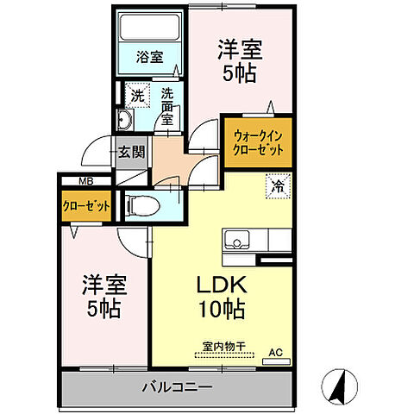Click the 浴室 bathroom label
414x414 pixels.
[150, 58]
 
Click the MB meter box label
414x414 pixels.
[86, 181]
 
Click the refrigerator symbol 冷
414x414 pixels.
[278, 185]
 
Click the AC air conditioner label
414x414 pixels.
[276, 353]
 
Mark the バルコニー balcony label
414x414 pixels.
[177, 387]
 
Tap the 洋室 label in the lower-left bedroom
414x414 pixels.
[102, 283]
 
